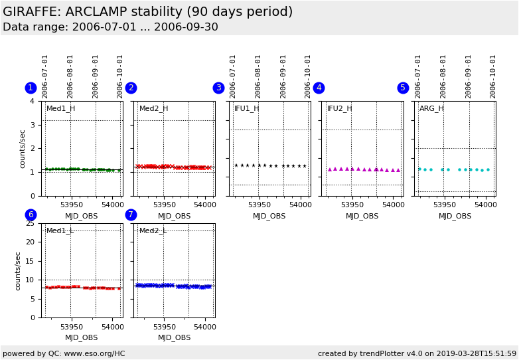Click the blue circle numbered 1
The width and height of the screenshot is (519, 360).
pyautogui.click(x=31, y=88)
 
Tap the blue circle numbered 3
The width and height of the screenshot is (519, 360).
pyautogui.click(x=218, y=88)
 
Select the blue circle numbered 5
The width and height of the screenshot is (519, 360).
pyautogui.click(x=403, y=88)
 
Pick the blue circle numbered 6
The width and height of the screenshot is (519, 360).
pyautogui.click(x=31, y=215)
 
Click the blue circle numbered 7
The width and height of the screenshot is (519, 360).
pyautogui.click(x=131, y=215)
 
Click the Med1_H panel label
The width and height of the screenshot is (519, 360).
pyautogui.click(x=60, y=108)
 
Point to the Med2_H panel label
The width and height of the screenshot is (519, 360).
pyautogui.click(x=153, y=108)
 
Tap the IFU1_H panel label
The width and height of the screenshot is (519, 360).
pyautogui.click(x=247, y=108)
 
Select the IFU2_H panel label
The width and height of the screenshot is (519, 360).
pyautogui.click(x=340, y=108)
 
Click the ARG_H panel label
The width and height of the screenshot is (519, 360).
pyautogui.click(x=431, y=108)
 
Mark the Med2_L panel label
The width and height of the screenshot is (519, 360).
pyautogui.click(x=153, y=230)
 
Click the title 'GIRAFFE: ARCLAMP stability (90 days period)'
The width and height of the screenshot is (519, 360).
pyautogui.click(x=147, y=12)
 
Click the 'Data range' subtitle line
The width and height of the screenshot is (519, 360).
pyautogui.click(x=110, y=27)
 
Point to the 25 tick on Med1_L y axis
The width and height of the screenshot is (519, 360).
pyautogui.click(x=30, y=223)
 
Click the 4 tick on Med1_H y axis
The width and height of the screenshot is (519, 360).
pyautogui.click(x=32, y=101)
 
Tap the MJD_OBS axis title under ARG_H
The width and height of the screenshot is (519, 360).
pyautogui.click(x=455, y=216)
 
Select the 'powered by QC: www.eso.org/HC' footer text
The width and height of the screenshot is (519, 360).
pyautogui.click(x=64, y=353)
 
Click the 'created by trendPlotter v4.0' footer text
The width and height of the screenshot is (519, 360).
pyautogui.click(x=417, y=353)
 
